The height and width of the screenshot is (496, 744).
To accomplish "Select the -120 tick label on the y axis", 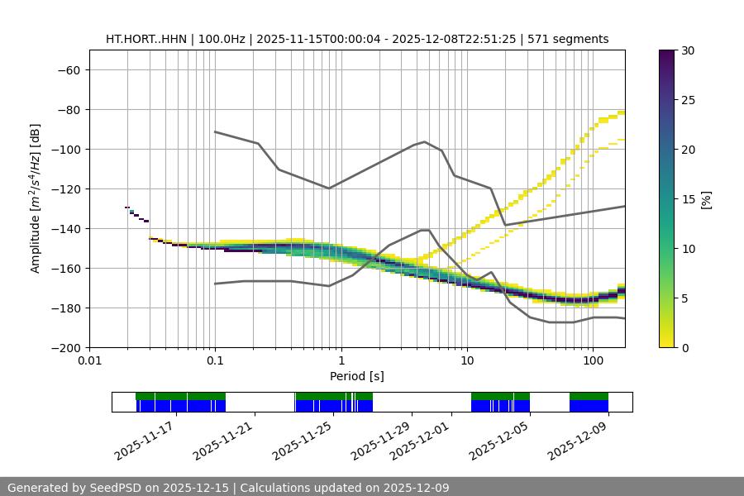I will point(65,189).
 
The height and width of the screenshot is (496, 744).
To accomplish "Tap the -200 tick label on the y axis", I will point(65,348).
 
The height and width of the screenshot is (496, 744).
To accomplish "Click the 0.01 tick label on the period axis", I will point(89,361).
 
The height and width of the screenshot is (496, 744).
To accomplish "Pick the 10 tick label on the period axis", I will point(467,361).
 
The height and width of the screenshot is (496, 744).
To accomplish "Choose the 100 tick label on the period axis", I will point(592,361).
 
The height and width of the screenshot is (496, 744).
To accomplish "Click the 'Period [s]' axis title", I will point(357,376).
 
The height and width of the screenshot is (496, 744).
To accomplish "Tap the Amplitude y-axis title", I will point(36,199).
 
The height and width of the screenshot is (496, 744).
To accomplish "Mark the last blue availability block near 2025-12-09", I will point(589,406).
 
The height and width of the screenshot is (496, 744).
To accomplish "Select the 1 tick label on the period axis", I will point(341,361).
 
